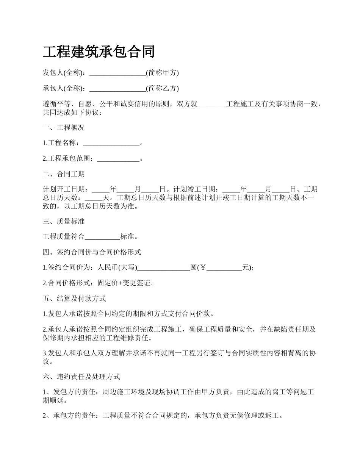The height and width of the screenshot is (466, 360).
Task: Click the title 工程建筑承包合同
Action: [99, 52]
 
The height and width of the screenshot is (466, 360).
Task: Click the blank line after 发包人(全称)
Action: [117, 73]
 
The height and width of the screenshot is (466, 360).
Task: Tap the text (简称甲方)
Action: [162, 73]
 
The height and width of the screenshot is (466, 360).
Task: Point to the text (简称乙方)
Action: [162, 88]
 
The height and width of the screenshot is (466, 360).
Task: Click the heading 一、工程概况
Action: [64, 128]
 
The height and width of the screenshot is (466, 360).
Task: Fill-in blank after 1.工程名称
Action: [111, 143]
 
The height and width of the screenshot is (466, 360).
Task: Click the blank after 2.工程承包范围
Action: [118, 159]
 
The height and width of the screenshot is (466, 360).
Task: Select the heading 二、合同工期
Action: [64, 174]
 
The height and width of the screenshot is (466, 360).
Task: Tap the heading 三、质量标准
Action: [64, 221]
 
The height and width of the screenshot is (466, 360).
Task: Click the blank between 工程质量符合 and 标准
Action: [102, 237]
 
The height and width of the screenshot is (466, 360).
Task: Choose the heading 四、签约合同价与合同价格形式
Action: [92, 252]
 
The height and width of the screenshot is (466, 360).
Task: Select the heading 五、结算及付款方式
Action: [74, 299]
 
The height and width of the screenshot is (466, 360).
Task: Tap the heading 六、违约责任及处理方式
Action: [81, 377]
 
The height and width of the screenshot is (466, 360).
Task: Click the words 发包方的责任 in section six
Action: [75, 392]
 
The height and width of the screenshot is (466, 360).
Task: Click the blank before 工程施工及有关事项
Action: [212, 104]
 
